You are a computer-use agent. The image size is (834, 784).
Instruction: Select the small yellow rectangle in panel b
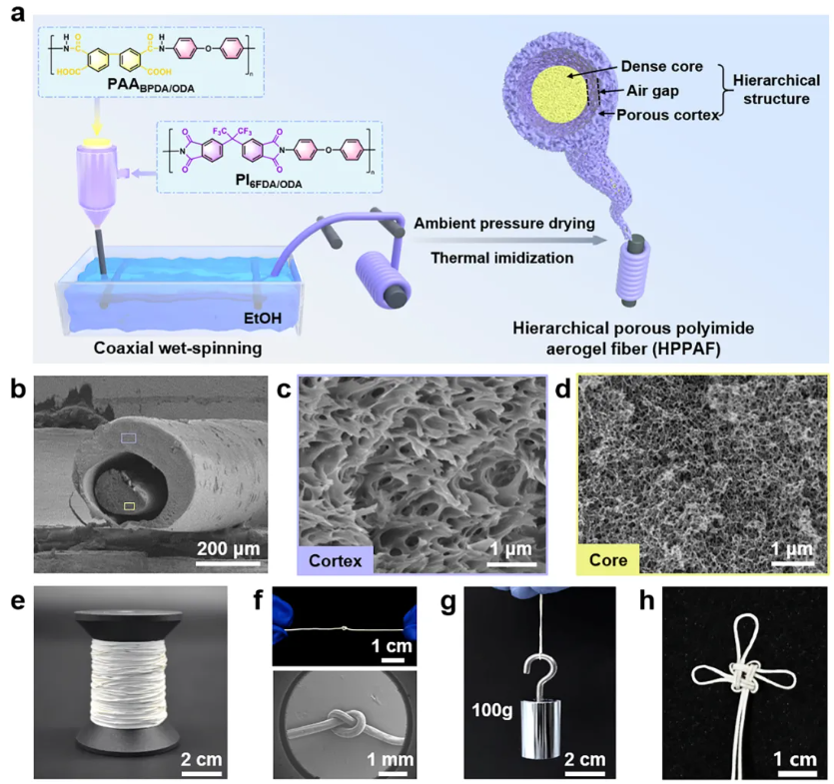tap(130, 507)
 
